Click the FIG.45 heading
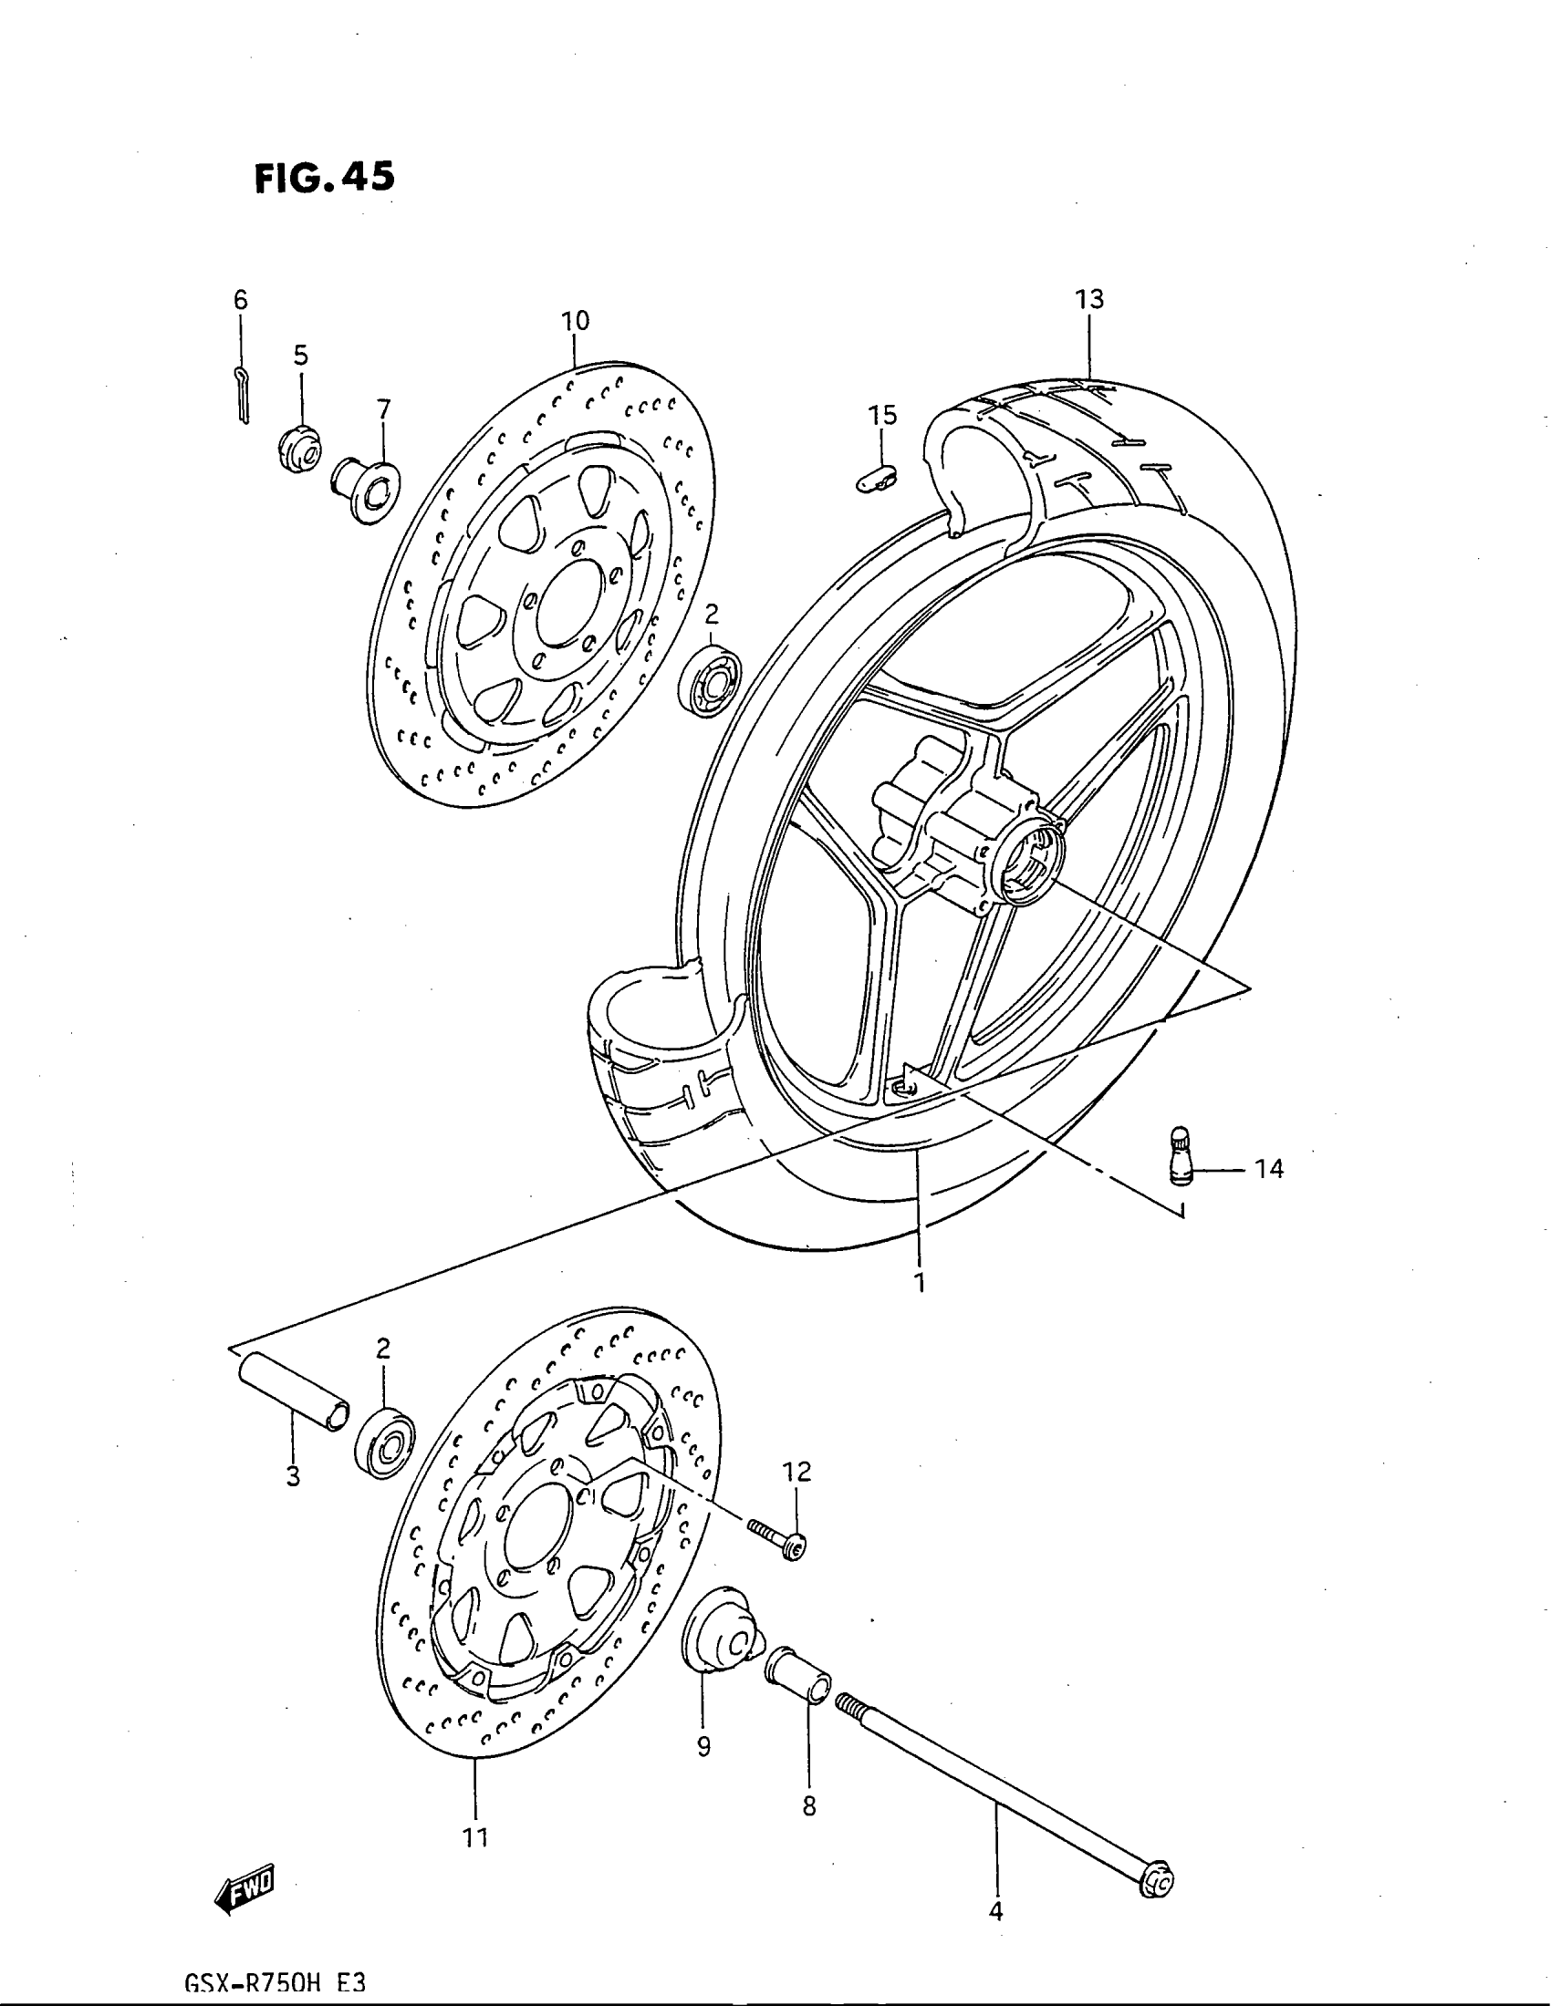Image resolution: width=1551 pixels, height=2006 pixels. click(x=326, y=176)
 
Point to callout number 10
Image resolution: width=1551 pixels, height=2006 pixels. click(x=575, y=321)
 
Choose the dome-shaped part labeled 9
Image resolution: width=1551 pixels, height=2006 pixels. click(x=720, y=1635)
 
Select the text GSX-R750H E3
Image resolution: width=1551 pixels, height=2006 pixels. click(x=276, y=1985)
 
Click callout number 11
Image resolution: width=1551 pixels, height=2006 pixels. click(x=475, y=1837)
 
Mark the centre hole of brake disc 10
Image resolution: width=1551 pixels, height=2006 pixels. click(x=563, y=611)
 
